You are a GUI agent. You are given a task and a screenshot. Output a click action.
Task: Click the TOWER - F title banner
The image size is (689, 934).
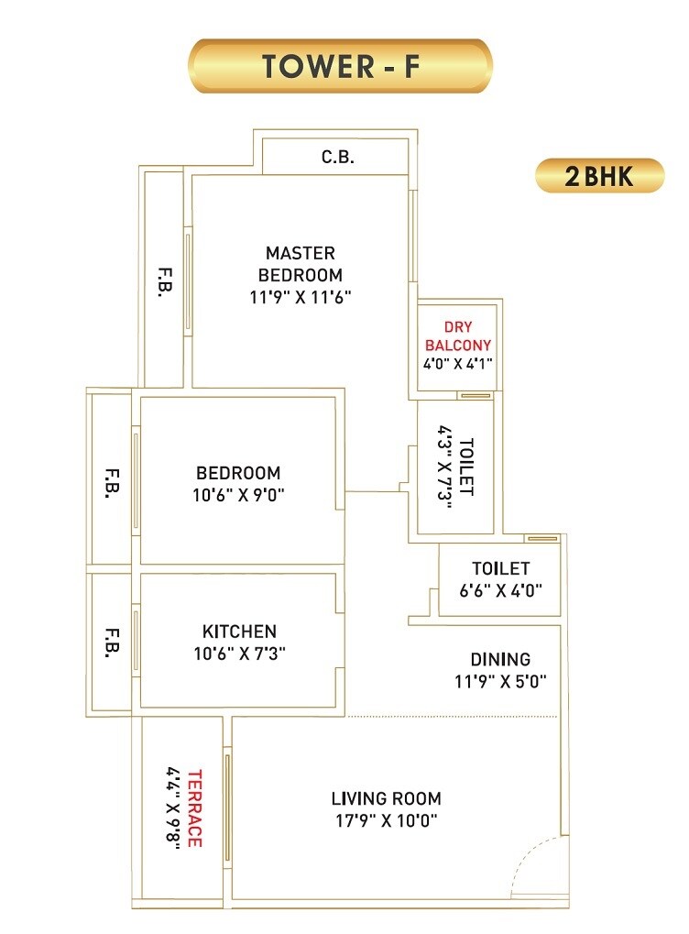[x=340, y=66]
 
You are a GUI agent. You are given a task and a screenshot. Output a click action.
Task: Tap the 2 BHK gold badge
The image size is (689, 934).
[x=599, y=175]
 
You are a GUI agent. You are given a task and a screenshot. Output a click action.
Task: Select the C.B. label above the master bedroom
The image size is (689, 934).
[x=337, y=157]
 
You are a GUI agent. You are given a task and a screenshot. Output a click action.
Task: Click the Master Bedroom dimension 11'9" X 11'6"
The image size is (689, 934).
[x=300, y=297]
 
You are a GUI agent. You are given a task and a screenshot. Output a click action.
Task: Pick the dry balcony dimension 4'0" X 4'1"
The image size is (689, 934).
[x=458, y=363]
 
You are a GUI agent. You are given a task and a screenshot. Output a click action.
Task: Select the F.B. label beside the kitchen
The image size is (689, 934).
[x=113, y=642]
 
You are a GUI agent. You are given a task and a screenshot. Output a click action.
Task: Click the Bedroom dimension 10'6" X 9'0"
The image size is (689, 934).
[x=238, y=495]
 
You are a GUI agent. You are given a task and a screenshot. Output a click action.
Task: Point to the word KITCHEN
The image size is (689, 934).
[x=238, y=632]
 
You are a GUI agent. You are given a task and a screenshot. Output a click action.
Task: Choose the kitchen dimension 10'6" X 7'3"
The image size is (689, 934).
[x=238, y=653]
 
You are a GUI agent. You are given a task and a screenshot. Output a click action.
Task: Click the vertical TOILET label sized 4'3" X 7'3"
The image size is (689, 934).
[x=466, y=467]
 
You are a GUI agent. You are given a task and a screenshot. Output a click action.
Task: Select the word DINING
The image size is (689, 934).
[x=500, y=659]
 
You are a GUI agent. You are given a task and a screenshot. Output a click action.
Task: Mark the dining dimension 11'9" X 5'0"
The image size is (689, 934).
[x=500, y=681]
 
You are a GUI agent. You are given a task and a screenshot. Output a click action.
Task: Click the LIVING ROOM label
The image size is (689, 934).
[x=386, y=798]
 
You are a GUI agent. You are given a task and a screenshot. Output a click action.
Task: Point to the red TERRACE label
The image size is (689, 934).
[x=193, y=808]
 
